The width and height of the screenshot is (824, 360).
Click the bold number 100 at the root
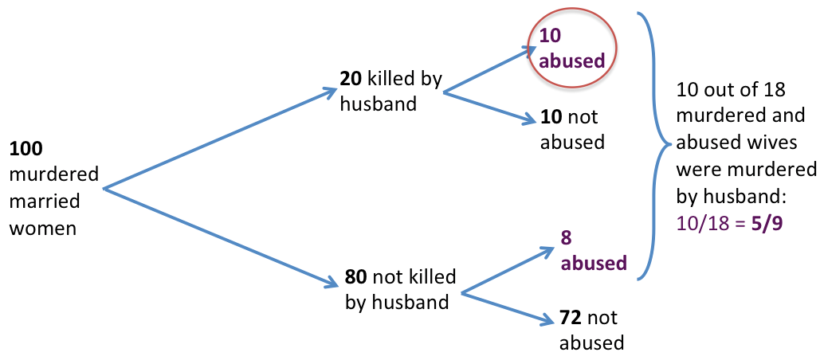24,149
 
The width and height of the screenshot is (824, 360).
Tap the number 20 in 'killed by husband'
349,80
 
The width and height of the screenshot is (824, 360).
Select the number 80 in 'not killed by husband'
355,277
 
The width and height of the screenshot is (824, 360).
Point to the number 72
571,318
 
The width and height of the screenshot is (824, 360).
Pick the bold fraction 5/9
765,224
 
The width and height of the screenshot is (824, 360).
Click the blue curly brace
655,143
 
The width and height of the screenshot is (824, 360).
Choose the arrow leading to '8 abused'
507,272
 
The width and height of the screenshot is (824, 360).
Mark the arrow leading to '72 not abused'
508,309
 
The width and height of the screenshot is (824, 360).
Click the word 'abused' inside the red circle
570,60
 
